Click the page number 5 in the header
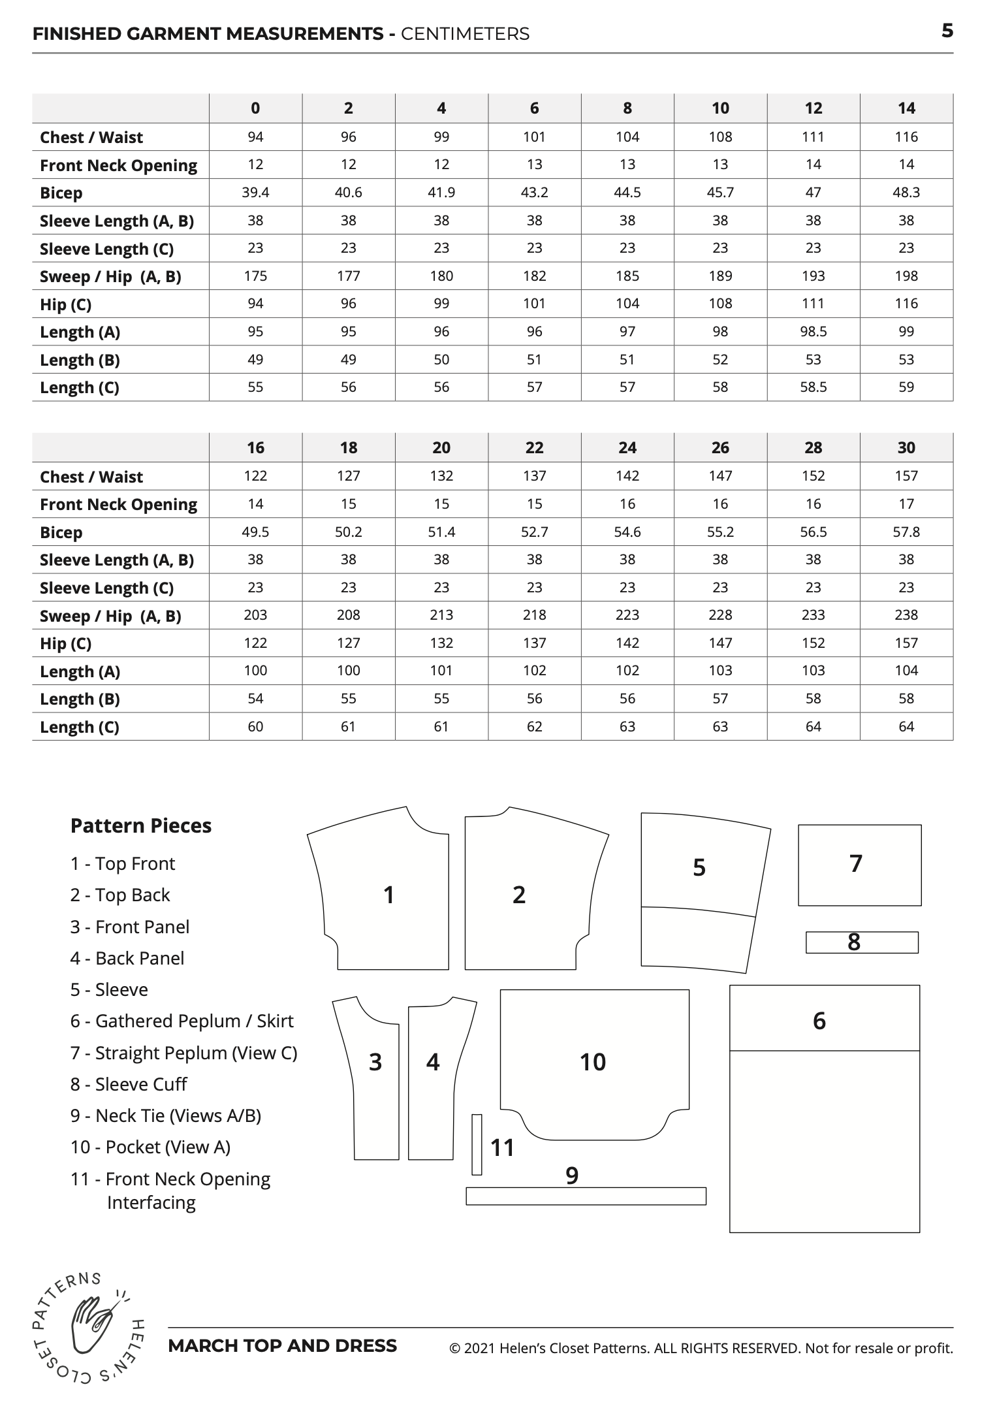947,31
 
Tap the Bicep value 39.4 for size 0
255,193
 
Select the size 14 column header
906,108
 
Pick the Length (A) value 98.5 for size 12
813,332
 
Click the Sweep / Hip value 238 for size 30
906,615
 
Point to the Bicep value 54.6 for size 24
627,532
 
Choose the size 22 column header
534,448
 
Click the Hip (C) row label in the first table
65,304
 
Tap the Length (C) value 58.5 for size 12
813,387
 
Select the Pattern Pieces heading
141,825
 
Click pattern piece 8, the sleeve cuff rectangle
862,942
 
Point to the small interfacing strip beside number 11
477,1145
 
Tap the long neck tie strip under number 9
586,1196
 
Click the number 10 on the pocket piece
593,1063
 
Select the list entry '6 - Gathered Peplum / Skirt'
182,1021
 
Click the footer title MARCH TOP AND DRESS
282,1346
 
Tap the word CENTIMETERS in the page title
465,34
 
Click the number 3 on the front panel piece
375,1063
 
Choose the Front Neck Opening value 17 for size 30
906,504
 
